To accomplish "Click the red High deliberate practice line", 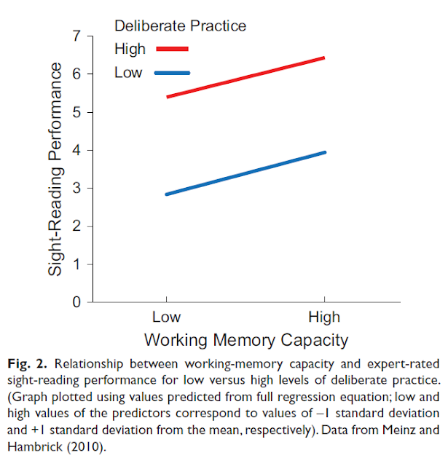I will click(245, 76).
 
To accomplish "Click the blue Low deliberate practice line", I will click(245, 173).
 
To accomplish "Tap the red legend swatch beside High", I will click(172, 50).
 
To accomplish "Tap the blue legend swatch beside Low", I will click(172, 73).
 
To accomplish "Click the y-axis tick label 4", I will click(76, 150).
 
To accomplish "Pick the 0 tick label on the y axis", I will click(76, 302).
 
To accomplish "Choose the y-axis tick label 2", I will click(76, 226).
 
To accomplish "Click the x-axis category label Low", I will click(166, 318).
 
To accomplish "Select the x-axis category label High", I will click(324, 318).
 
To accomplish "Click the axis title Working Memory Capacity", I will click(245, 340).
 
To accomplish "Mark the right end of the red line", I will click(323, 58).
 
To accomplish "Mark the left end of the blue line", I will click(167, 194).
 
